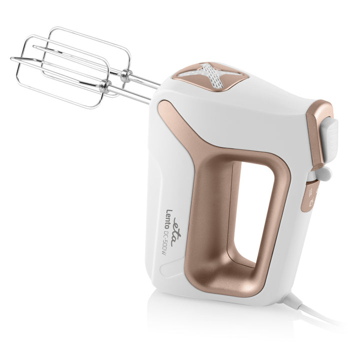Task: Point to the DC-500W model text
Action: coord(163,245)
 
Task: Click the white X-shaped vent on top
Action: coord(211,74)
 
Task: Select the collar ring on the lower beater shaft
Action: coord(105,86)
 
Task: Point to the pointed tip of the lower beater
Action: coord(11,58)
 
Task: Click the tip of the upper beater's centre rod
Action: coord(34,46)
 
